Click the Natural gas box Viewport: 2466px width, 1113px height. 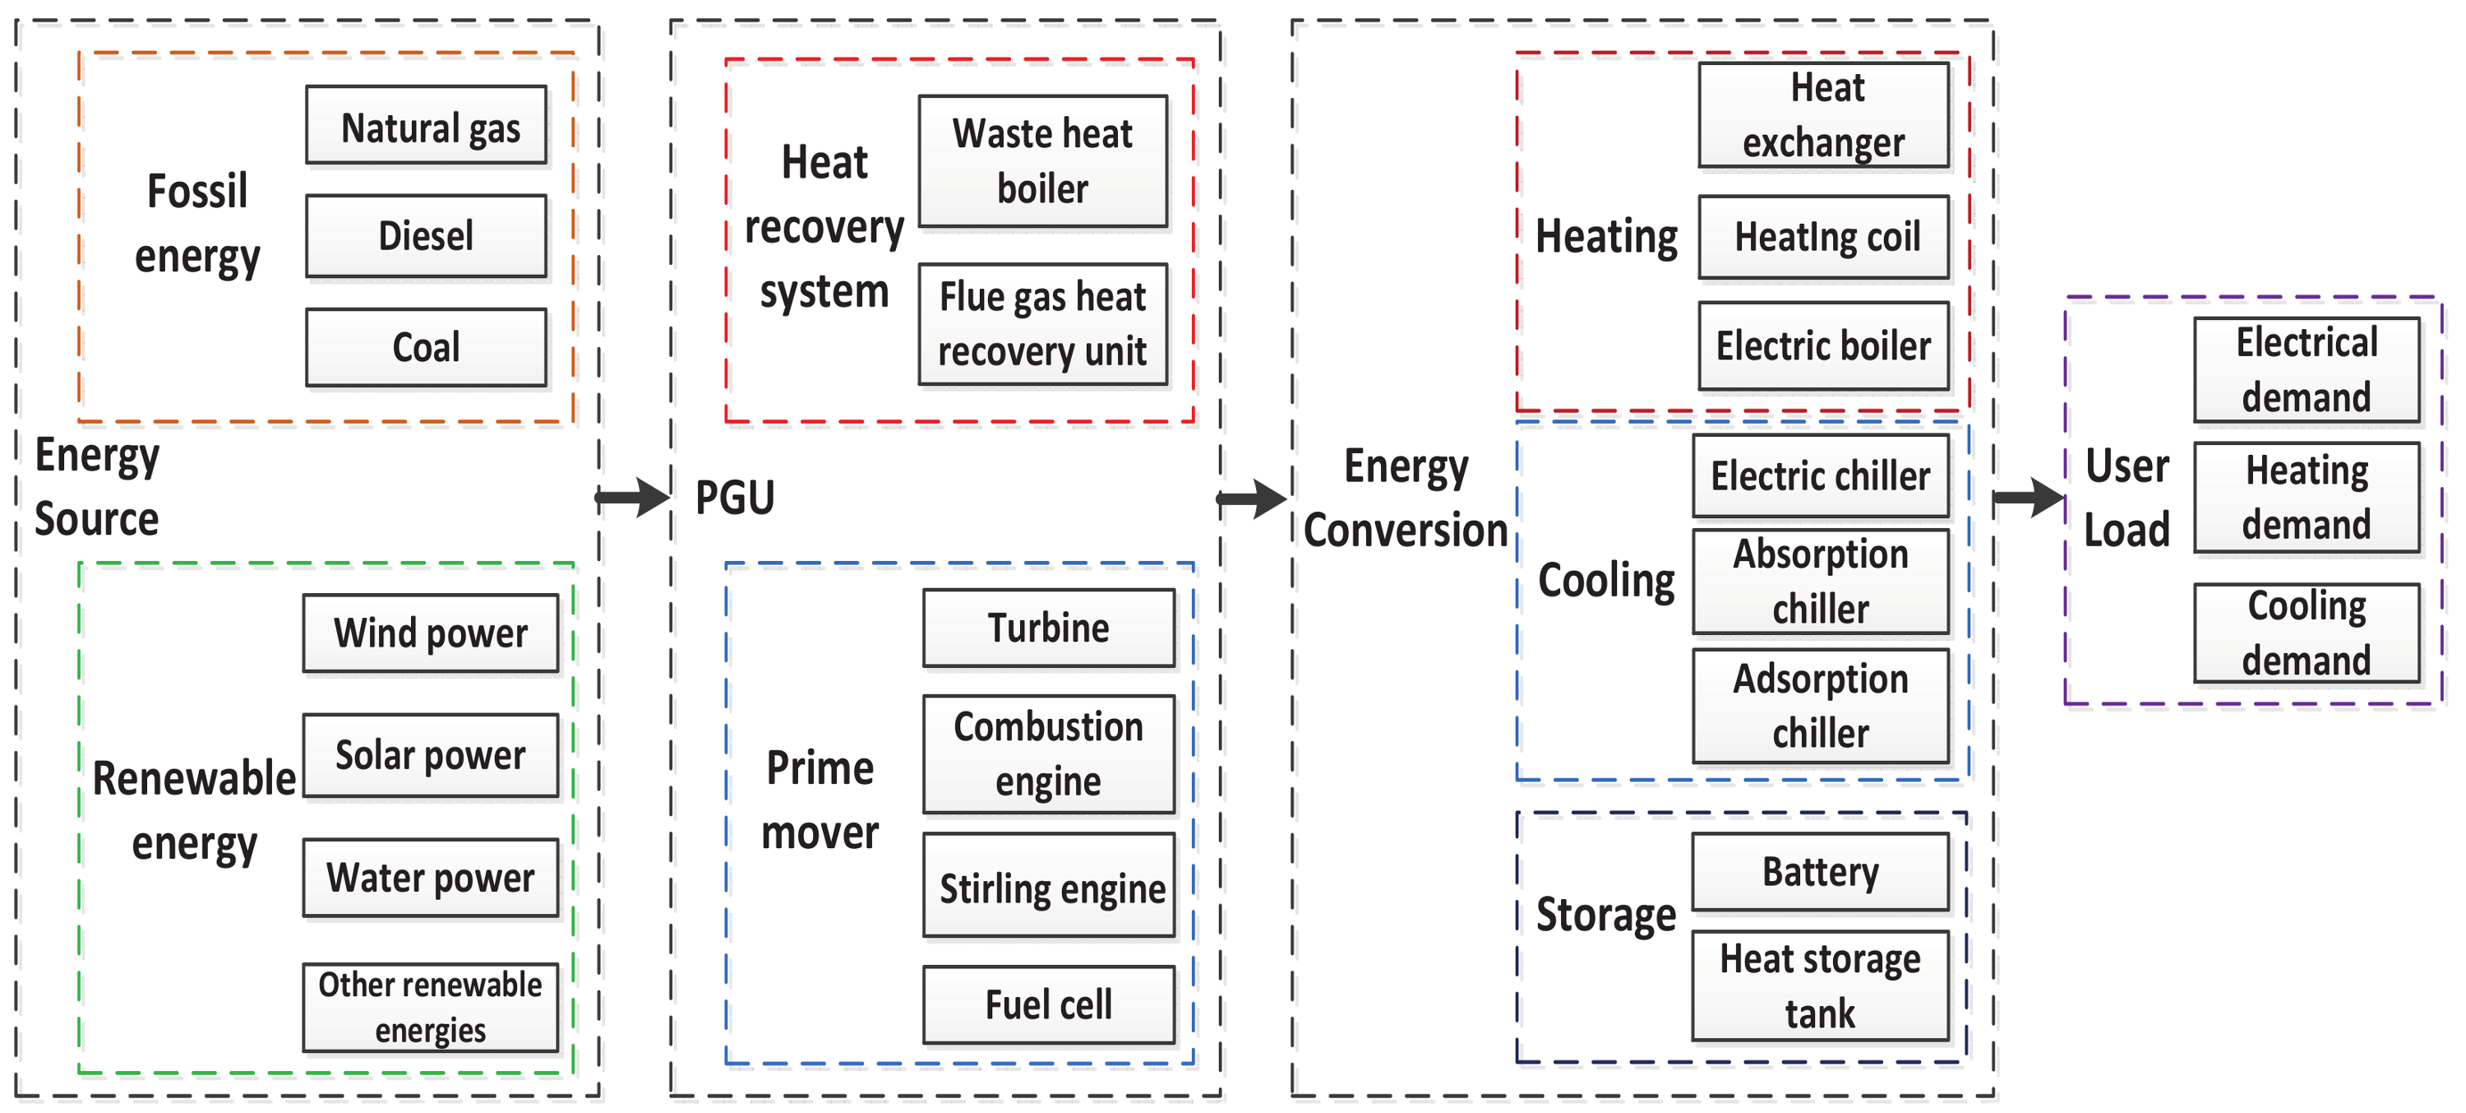click(x=426, y=127)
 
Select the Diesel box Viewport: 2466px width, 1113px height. click(x=426, y=235)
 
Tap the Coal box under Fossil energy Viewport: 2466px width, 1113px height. click(x=426, y=347)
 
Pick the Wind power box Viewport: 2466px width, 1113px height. click(x=430, y=633)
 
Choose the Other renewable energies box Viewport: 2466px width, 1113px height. click(x=430, y=1007)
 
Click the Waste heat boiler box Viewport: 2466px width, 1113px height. click(x=1042, y=161)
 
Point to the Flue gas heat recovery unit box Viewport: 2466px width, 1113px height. click(x=1042, y=324)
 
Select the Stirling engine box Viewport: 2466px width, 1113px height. click(x=1049, y=886)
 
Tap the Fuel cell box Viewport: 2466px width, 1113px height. click(x=1049, y=1004)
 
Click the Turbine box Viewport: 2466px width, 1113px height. click(x=1049, y=628)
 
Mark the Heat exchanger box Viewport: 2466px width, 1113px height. click(x=1824, y=115)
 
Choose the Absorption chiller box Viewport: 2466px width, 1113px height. click(x=1820, y=582)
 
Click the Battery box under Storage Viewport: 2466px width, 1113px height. click(x=1820, y=872)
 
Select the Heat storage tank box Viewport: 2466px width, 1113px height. click(x=1820, y=985)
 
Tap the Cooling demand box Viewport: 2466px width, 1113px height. click(x=2307, y=633)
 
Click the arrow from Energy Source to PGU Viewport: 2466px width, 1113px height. click(x=633, y=497)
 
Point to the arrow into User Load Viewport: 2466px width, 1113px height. click(x=2028, y=497)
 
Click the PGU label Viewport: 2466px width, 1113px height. click(x=734, y=498)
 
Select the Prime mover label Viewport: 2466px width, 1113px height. click(x=820, y=800)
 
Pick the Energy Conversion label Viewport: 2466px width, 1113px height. click(x=1406, y=498)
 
